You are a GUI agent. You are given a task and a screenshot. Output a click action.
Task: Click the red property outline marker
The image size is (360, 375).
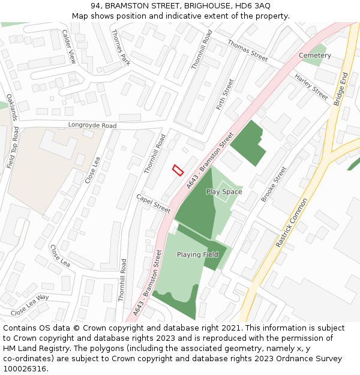(178, 170)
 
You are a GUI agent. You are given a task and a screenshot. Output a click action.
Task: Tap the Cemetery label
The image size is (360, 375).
(315, 55)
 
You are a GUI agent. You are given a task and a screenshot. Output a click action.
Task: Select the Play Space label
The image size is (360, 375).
(224, 192)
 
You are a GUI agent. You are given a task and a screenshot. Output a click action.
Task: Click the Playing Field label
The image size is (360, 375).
(197, 255)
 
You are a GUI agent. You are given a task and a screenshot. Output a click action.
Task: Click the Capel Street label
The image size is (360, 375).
(154, 203)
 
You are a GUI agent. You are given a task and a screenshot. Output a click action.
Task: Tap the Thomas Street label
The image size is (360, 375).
(247, 51)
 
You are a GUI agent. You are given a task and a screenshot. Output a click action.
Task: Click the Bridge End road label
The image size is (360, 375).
(340, 89)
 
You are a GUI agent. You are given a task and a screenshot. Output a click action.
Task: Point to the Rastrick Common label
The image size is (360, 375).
(292, 223)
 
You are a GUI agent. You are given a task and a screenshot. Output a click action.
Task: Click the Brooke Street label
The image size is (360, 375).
(274, 184)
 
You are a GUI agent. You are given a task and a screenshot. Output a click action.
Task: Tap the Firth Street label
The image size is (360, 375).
(225, 94)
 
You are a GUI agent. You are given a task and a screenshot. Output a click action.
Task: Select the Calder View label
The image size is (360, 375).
(69, 47)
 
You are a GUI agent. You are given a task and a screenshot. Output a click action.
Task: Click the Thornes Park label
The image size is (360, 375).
(121, 47)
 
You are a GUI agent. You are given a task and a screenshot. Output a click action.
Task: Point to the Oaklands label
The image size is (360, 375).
(13, 106)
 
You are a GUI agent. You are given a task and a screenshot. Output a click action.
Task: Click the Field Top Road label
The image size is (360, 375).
(11, 147)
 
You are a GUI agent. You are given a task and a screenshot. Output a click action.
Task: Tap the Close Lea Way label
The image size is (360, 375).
(30, 305)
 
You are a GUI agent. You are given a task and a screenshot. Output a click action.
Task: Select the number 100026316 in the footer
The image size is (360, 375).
(25, 369)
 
